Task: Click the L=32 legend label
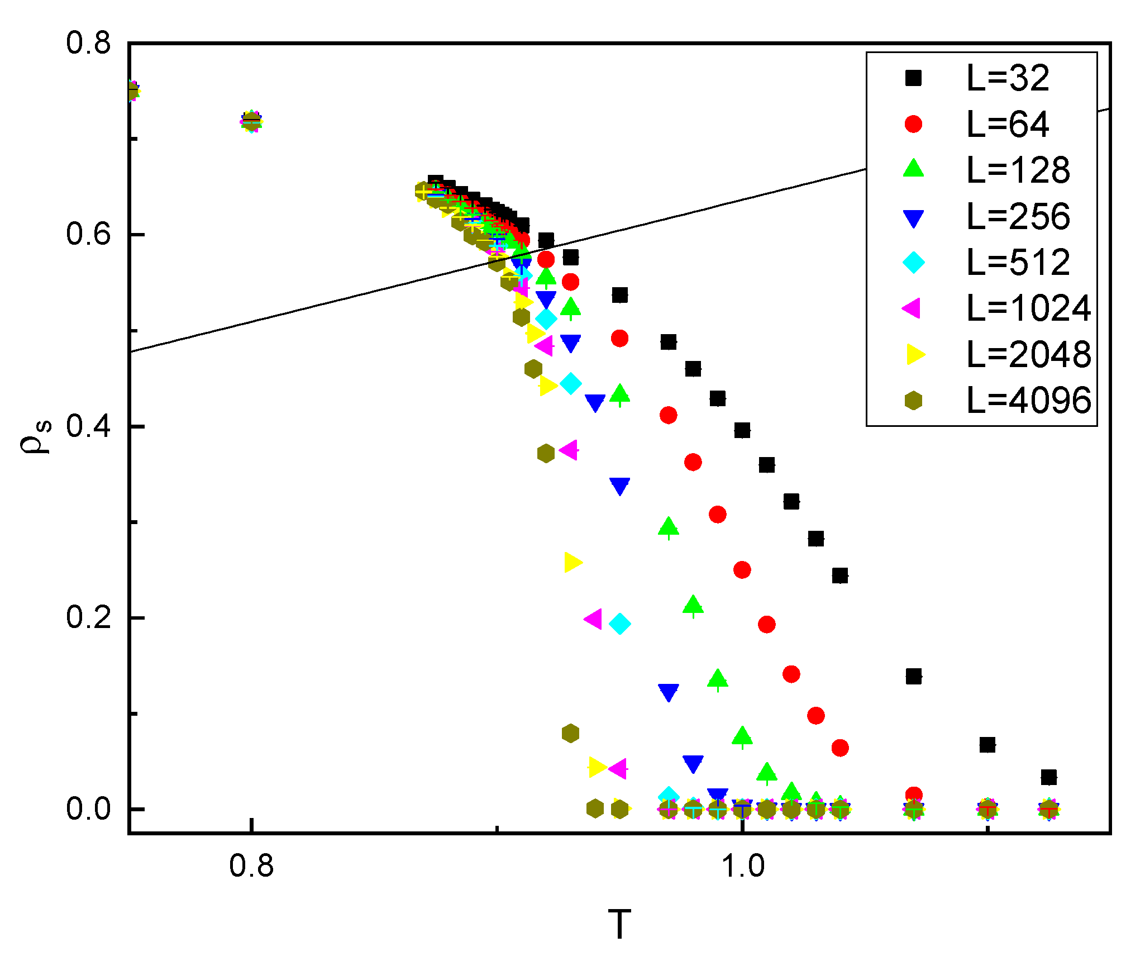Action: [1008, 78]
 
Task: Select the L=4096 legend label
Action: [1028, 401]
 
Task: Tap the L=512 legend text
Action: [1018, 263]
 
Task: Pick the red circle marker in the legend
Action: [913, 123]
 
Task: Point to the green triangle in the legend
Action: [913, 169]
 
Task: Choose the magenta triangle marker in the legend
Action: [912, 308]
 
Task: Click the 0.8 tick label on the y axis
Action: [88, 43]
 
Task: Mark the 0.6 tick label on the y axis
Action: [88, 234]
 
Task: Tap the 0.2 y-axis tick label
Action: [88, 617]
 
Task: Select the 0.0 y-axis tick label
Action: [88, 809]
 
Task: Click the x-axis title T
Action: [619, 925]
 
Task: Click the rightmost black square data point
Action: [1049, 777]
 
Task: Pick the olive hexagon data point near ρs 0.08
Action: [570, 733]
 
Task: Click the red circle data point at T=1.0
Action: [742, 570]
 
